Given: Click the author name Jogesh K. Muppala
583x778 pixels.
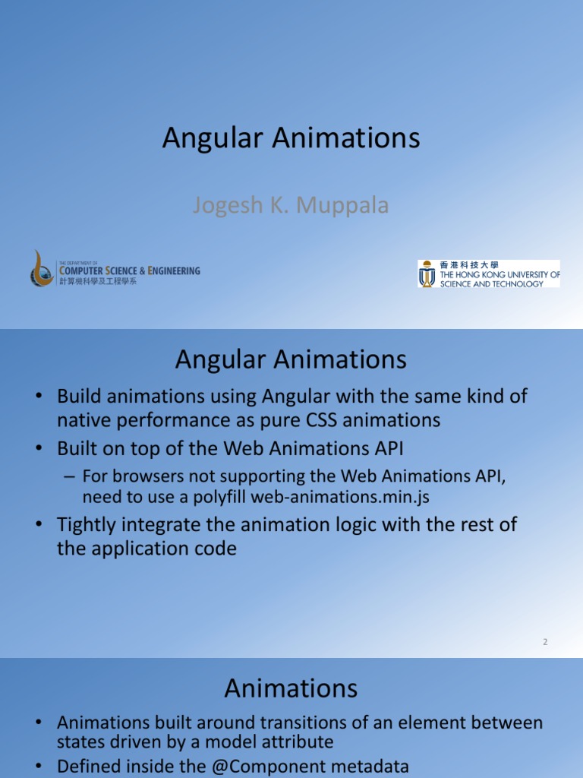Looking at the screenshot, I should pos(291,205).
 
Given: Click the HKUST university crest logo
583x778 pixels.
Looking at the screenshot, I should pos(427,274).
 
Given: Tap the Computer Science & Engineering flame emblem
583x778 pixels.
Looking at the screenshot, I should pos(43,268).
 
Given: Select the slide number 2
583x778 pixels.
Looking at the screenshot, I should pos(545,642).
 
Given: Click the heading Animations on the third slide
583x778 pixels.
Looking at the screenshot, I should pos(291,688).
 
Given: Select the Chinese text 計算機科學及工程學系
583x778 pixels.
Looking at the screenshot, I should pos(98,281).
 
